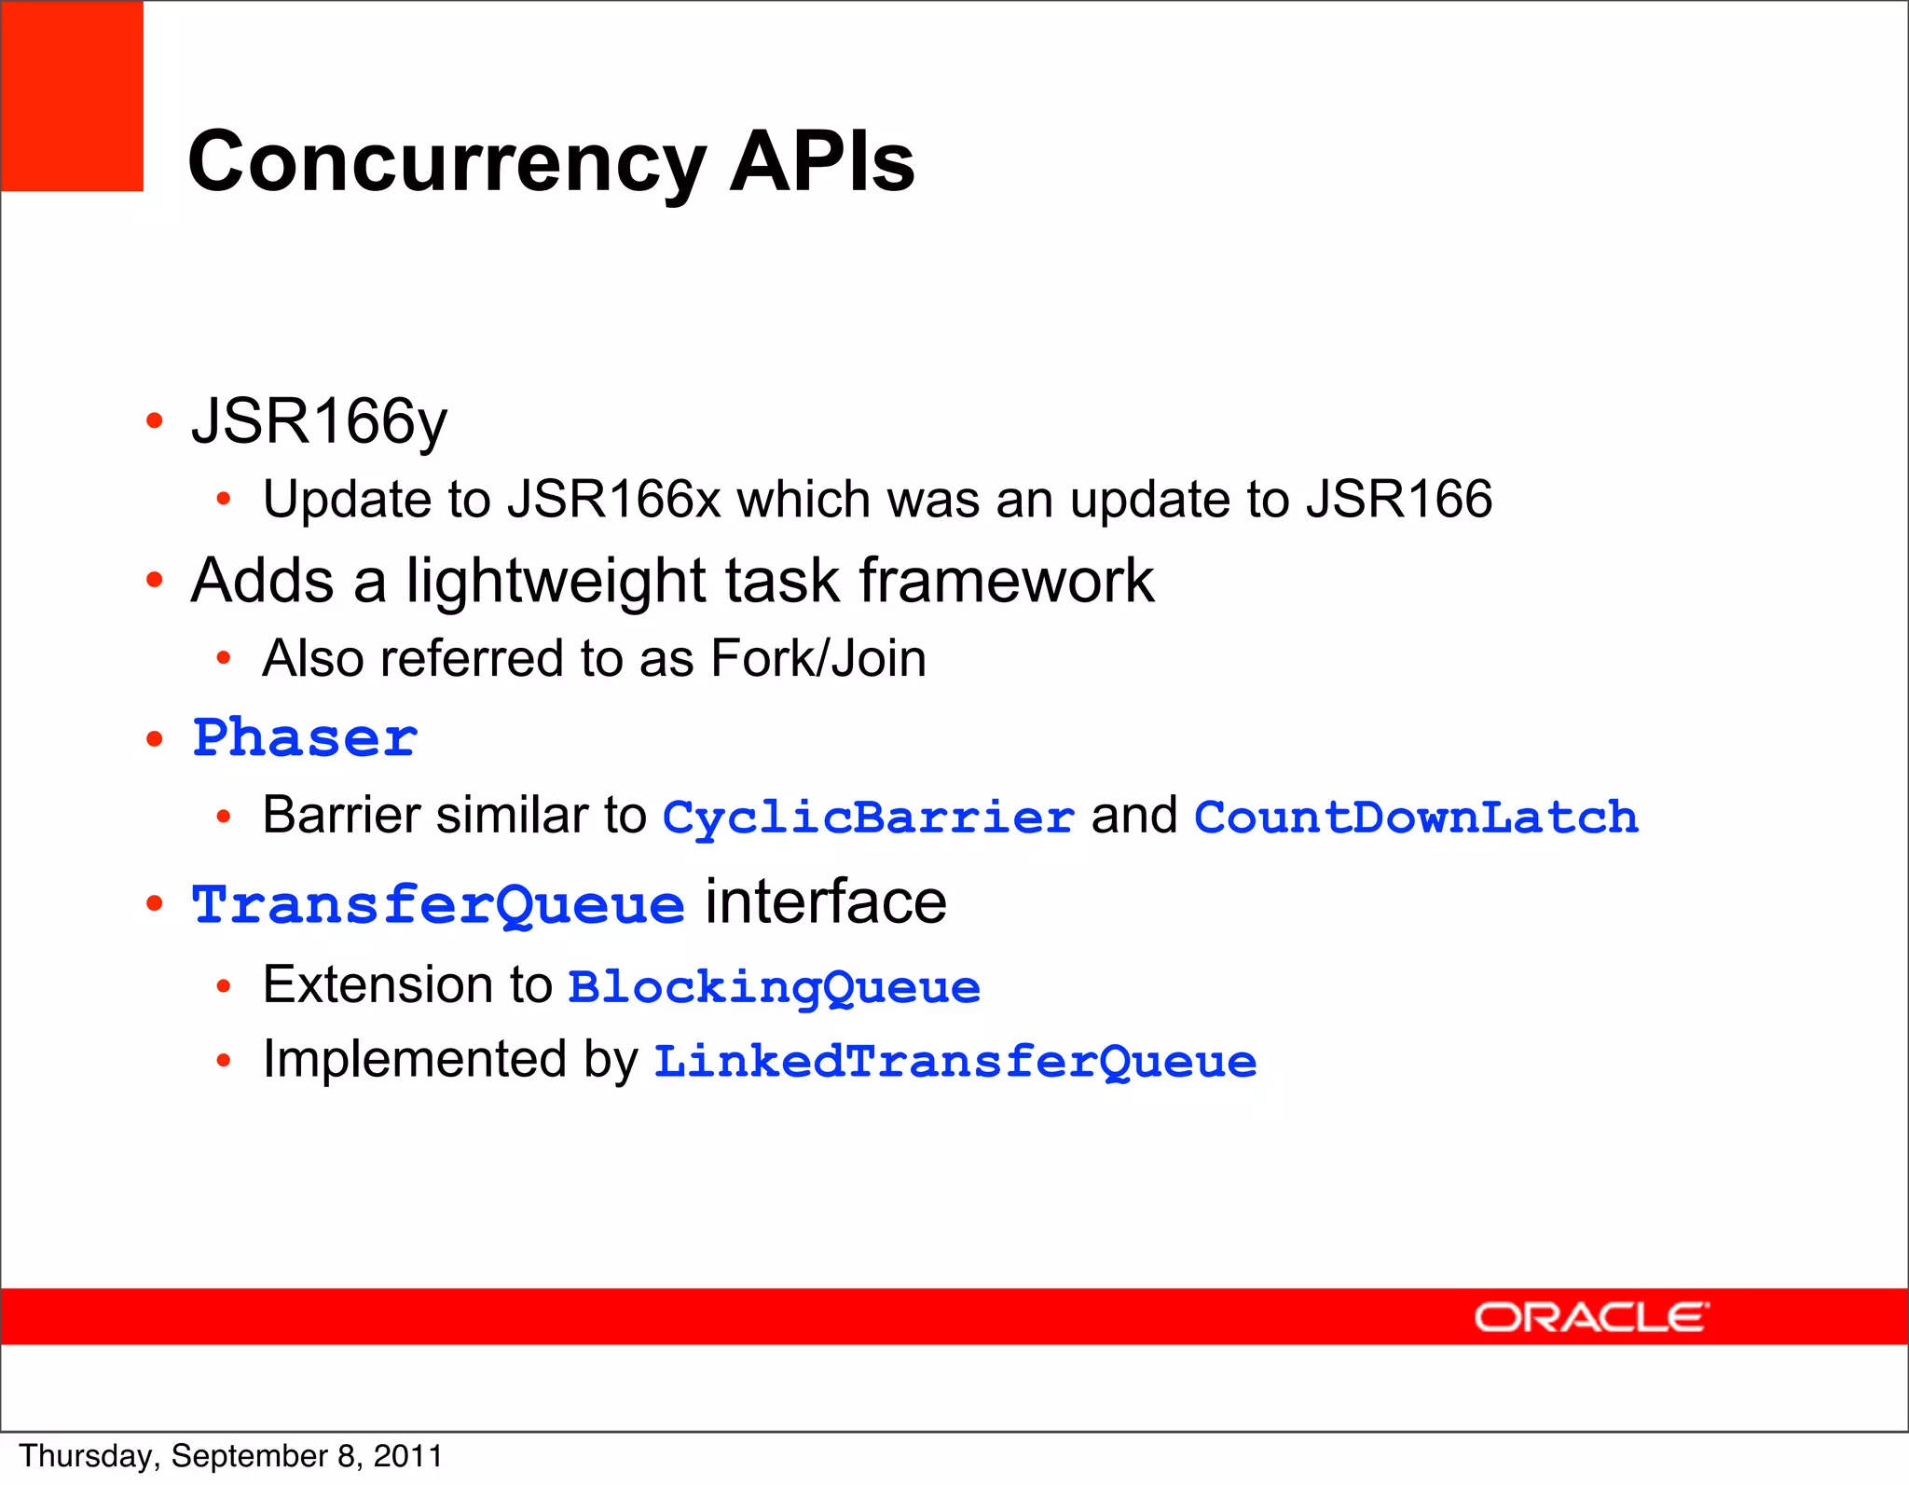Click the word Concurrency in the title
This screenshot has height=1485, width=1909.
[x=446, y=163]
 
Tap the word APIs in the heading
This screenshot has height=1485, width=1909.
[x=821, y=161]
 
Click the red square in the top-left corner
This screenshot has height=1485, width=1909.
[x=72, y=96]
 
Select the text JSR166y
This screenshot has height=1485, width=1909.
[x=319, y=421]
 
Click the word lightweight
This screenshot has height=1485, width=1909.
[x=556, y=581]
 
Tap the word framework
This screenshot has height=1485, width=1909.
[x=1006, y=581]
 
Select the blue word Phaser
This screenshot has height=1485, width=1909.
[x=305, y=738]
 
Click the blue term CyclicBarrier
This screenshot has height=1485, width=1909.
[x=868, y=818]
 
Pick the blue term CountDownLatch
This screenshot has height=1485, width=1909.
[x=1415, y=818]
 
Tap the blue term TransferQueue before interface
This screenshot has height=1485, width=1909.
[x=438, y=904]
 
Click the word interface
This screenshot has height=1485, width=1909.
[x=825, y=902]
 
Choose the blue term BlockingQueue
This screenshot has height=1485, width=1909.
[x=774, y=987]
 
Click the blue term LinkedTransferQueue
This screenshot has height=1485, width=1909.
[x=954, y=1062]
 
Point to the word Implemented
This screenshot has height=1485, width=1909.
[x=415, y=1060]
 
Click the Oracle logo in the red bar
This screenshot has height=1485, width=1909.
[x=1590, y=1317]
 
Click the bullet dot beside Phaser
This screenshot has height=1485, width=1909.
[x=155, y=739]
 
